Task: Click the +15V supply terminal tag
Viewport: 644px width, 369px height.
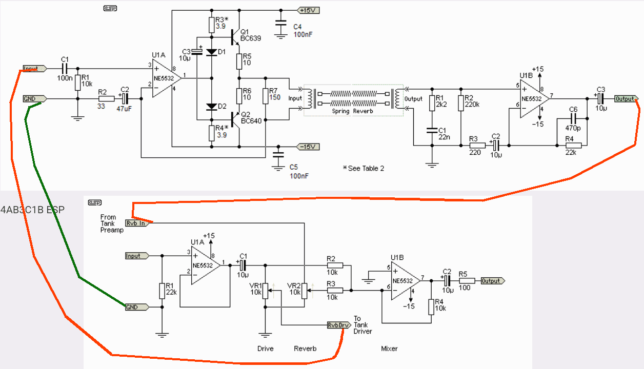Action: coord(308,10)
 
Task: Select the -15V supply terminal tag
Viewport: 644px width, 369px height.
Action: coord(308,147)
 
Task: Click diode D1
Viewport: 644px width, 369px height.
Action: coord(211,52)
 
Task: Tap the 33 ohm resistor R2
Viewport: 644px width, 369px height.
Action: coord(107,98)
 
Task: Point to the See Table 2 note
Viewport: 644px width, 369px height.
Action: coord(364,168)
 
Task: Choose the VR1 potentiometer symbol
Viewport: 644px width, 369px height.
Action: coord(265,292)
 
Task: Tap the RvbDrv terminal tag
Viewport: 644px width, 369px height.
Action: coord(339,324)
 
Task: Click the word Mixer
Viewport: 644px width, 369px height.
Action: coord(389,348)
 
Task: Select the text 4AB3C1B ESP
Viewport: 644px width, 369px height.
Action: coord(32,210)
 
